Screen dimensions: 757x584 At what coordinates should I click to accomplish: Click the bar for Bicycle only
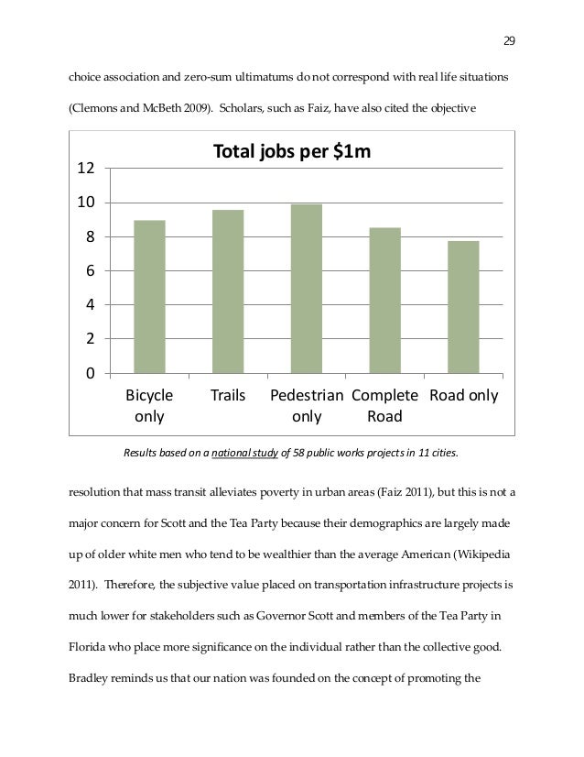point(149,297)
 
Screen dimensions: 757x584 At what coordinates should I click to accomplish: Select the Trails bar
point(228,291)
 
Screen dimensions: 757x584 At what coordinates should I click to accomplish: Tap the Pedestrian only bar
point(307,289)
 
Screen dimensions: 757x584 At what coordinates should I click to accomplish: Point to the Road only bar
point(464,307)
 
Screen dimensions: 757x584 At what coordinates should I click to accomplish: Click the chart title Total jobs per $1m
point(292,152)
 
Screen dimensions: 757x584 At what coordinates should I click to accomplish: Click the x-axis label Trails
point(228,397)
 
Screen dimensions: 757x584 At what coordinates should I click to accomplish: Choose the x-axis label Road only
point(464,397)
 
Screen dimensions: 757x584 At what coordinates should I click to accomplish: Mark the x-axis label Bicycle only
point(149,407)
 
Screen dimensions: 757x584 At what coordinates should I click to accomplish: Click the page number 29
point(510,40)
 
